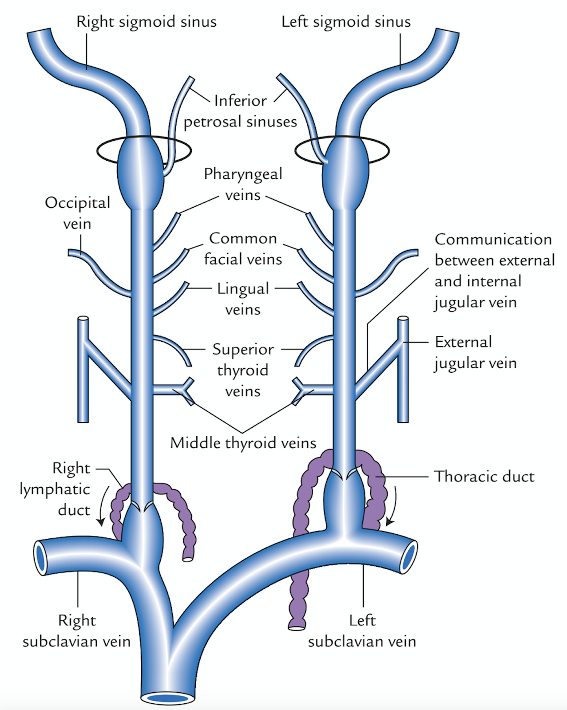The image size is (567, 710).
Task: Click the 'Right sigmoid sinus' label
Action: (x=147, y=21)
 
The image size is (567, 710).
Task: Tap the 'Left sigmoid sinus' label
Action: (x=346, y=21)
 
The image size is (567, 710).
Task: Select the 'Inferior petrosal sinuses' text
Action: (x=240, y=111)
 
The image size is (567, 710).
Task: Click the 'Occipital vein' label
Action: (x=77, y=213)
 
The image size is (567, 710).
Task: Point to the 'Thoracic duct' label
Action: (x=484, y=476)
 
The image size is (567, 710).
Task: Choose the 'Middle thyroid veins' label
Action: (x=243, y=442)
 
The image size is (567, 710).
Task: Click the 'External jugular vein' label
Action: (x=475, y=352)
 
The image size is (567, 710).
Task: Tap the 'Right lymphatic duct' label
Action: (x=56, y=489)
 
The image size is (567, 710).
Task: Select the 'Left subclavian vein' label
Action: (x=362, y=631)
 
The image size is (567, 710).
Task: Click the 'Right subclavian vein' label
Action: (x=77, y=631)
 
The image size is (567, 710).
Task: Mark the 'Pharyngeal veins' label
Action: (x=243, y=184)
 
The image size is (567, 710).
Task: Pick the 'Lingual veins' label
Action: (x=243, y=299)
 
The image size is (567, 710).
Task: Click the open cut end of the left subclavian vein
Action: (x=408, y=557)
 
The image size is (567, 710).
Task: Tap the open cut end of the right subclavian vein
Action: (x=41, y=557)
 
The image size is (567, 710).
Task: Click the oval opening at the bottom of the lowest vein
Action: (x=168, y=698)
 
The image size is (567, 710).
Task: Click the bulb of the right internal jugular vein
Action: (x=140, y=173)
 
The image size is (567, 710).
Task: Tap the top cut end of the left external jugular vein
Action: (x=403, y=319)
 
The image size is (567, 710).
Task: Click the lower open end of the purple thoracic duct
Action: (x=297, y=627)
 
